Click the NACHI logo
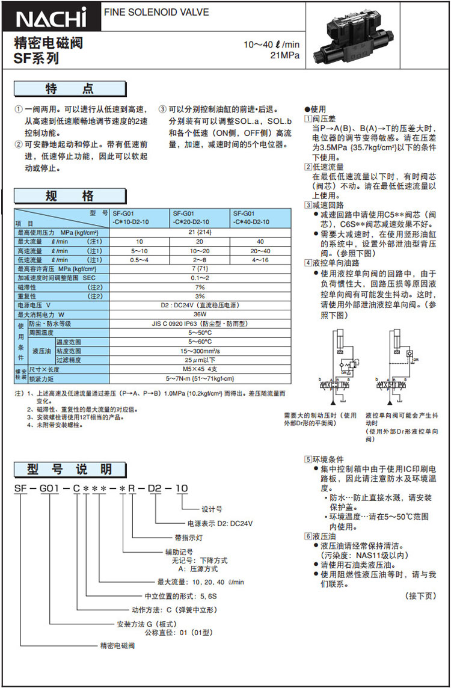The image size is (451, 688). (x=52, y=18)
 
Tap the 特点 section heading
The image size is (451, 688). (x=70, y=89)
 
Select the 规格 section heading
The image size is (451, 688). (x=70, y=196)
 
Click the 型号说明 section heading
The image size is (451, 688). (x=70, y=469)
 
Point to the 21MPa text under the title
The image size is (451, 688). (x=285, y=55)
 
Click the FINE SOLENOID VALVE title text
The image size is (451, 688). (x=157, y=12)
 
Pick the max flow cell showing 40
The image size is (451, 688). (x=261, y=241)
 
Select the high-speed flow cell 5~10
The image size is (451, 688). (x=140, y=251)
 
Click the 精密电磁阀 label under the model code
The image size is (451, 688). (x=115, y=646)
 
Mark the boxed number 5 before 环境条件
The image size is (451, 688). (x=308, y=459)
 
